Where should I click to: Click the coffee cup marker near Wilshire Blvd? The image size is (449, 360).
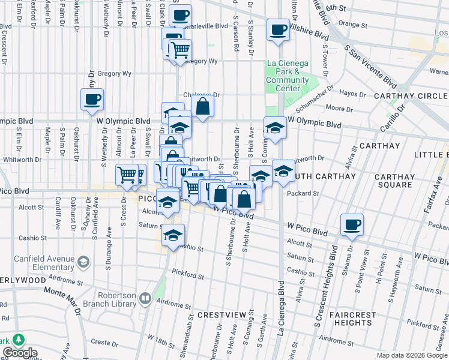(x=278, y=30)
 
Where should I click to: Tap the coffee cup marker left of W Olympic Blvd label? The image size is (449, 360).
(x=92, y=99)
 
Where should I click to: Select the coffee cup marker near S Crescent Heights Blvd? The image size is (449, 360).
(x=352, y=225)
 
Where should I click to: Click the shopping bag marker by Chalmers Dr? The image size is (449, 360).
(x=203, y=107)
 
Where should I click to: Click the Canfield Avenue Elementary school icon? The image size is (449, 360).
(x=83, y=262)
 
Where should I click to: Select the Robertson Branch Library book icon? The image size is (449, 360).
(x=145, y=298)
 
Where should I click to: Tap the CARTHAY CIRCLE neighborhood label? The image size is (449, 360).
(x=411, y=96)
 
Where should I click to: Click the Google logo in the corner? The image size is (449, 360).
(x=20, y=353)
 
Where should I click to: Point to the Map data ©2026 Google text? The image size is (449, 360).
(x=412, y=355)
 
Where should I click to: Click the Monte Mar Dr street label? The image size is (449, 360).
(x=62, y=299)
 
